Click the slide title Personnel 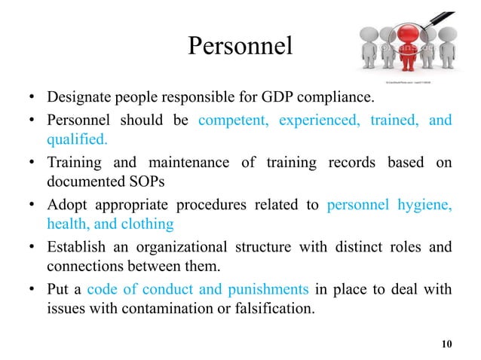[239, 46]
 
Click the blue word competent [234, 120]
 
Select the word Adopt [64, 203]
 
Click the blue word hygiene [424, 203]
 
